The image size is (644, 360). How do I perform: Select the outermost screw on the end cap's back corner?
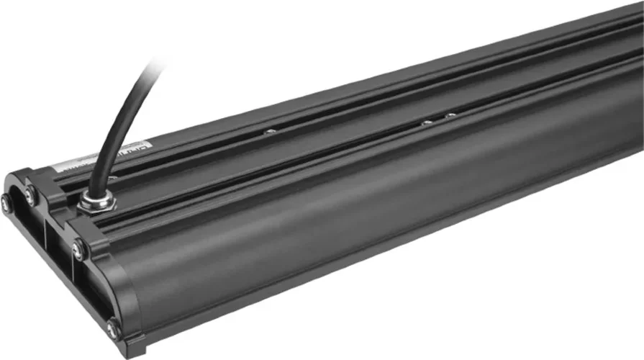(x=6, y=204)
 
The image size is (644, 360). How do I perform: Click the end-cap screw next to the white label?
(x=31, y=192)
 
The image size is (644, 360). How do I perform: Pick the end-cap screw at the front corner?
(x=112, y=329)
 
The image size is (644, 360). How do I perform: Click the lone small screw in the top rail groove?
(x=270, y=131)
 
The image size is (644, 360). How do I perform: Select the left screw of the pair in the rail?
(x=427, y=122)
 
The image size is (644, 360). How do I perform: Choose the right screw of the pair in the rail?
(x=450, y=115)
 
